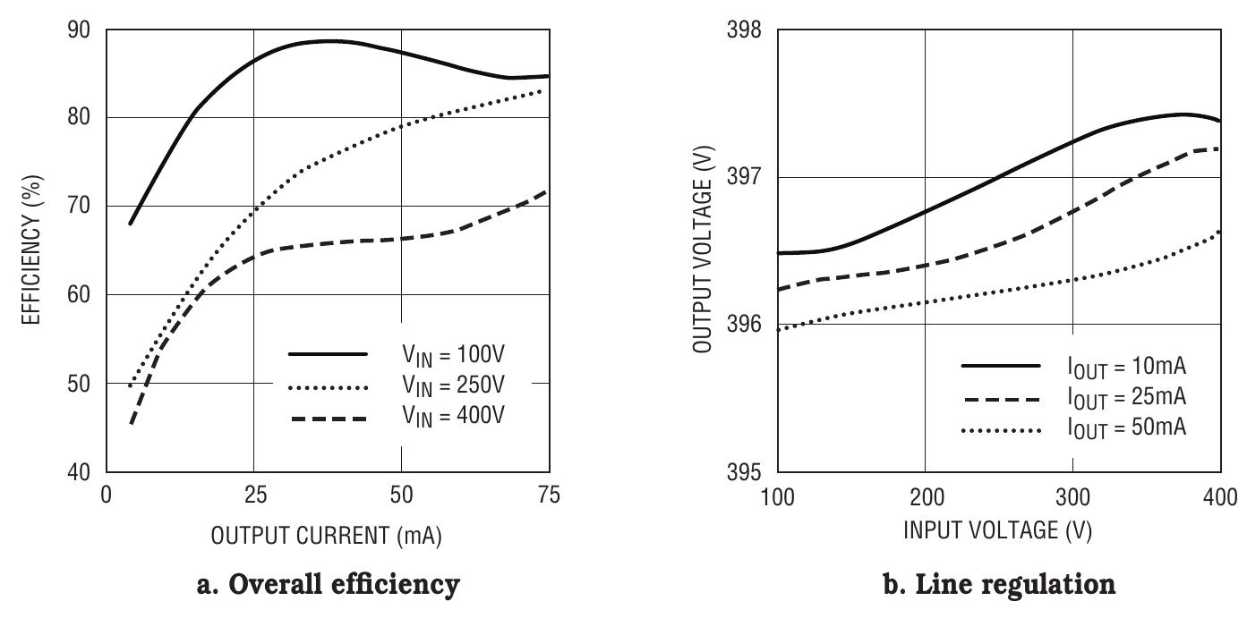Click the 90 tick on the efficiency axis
tap(78, 30)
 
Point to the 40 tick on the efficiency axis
tap(78, 472)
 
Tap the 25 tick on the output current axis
tap(253, 495)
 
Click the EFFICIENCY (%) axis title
tap(33, 251)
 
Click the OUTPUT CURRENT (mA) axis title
tap(327, 536)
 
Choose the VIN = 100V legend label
tap(453, 355)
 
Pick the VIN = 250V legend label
tap(453, 386)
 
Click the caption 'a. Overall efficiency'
tap(328, 585)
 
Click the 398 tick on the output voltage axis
tap(745, 30)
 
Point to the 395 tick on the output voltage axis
tap(745, 472)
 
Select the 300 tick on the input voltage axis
tap(1072, 495)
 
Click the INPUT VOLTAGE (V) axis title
tap(998, 530)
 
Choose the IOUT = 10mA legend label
tap(1126, 367)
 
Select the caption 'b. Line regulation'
tap(999, 585)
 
